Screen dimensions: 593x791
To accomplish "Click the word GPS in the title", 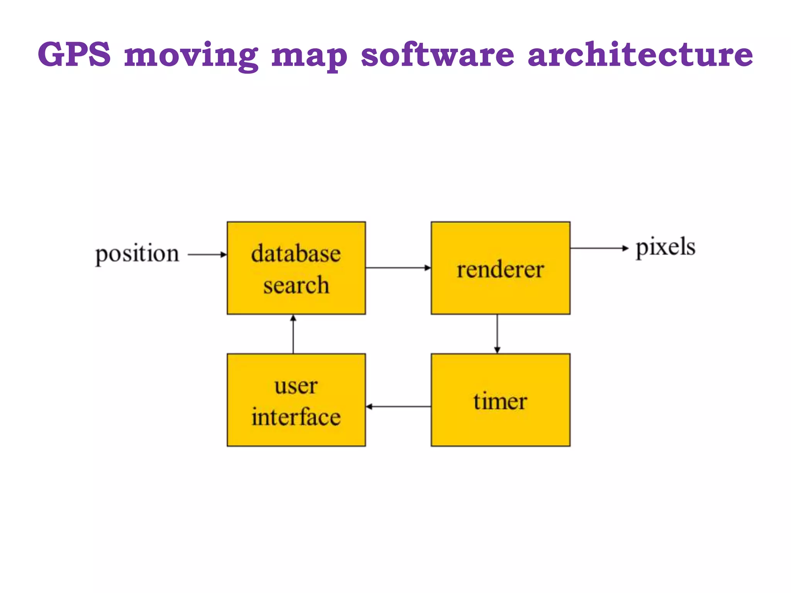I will click(x=74, y=54).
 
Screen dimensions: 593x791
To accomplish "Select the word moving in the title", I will click(x=191, y=56).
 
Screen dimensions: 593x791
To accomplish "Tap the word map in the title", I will click(x=309, y=56).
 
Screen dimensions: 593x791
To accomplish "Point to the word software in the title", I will click(x=438, y=54).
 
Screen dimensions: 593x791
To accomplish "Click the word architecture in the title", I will click(x=640, y=54).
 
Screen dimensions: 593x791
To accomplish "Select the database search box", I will click(x=296, y=268).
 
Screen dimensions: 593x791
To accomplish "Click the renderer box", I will click(x=501, y=268).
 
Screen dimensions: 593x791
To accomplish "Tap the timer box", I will click(x=501, y=400).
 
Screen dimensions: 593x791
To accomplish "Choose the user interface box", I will click(x=296, y=400).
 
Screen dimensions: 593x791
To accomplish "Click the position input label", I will click(x=137, y=254).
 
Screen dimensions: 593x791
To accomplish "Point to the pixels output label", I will click(x=665, y=247).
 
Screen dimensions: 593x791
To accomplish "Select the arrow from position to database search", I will click(x=207, y=254).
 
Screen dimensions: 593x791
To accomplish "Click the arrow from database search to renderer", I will click(x=398, y=268).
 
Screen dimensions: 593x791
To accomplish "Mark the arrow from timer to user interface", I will click(x=398, y=407).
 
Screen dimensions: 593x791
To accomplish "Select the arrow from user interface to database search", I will click(x=293, y=334).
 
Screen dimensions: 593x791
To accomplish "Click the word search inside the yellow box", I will click(x=296, y=285).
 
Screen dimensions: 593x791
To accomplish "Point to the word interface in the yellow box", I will click(x=296, y=417).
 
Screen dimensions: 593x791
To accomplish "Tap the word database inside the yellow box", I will click(x=296, y=254).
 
